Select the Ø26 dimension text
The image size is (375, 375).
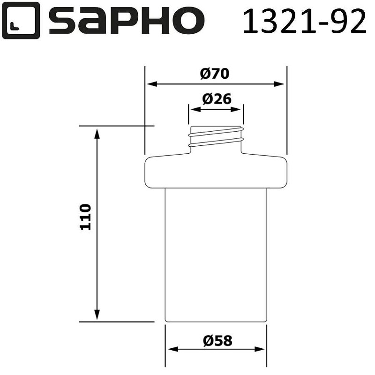coord(217,99)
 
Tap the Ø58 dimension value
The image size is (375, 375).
coord(217,340)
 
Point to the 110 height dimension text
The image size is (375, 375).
coord(85,217)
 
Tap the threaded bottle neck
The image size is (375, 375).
coord(216,136)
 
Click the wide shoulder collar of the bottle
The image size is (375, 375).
coord(215,172)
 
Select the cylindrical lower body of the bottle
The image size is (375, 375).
coord(216,255)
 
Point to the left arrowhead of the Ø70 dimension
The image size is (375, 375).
coord(151,84)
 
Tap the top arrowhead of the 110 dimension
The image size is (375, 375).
coord(97,132)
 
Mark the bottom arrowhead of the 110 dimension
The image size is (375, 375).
coord(97,316)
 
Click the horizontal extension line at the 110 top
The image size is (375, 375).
coord(117,126)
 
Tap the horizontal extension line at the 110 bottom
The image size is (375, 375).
coord(117,322)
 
